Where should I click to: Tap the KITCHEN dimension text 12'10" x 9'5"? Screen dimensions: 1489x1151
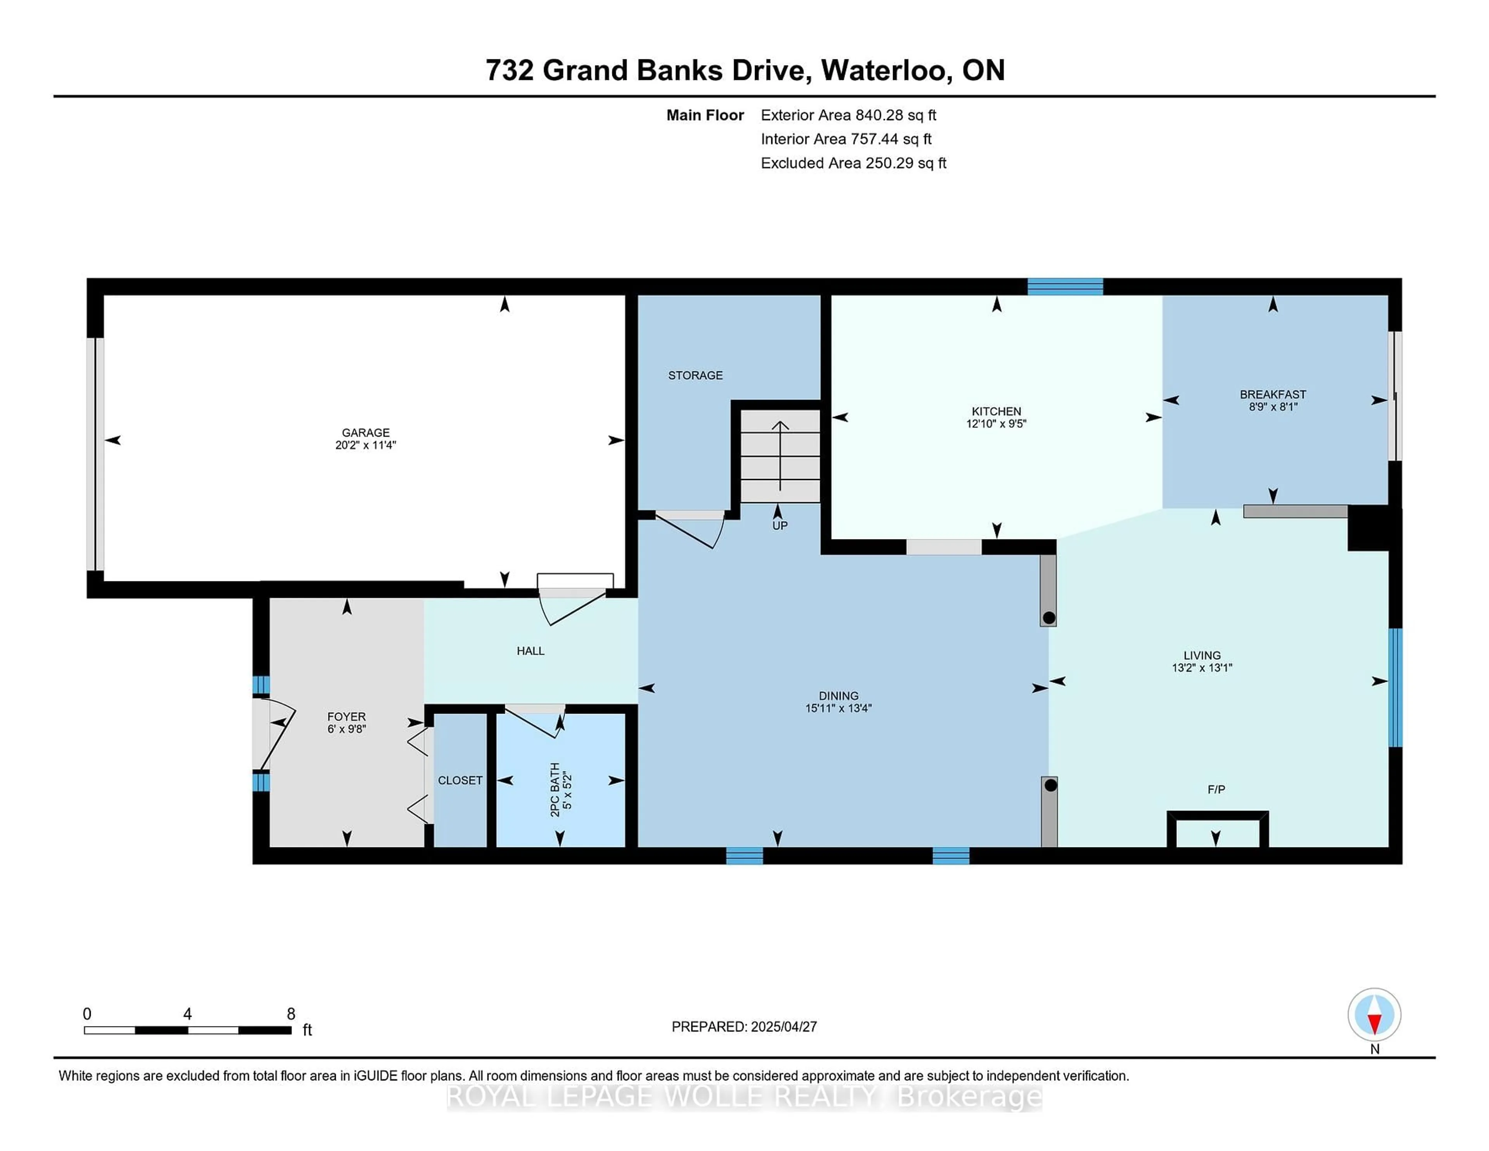point(996,423)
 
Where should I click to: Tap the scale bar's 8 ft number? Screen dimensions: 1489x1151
point(291,1014)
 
